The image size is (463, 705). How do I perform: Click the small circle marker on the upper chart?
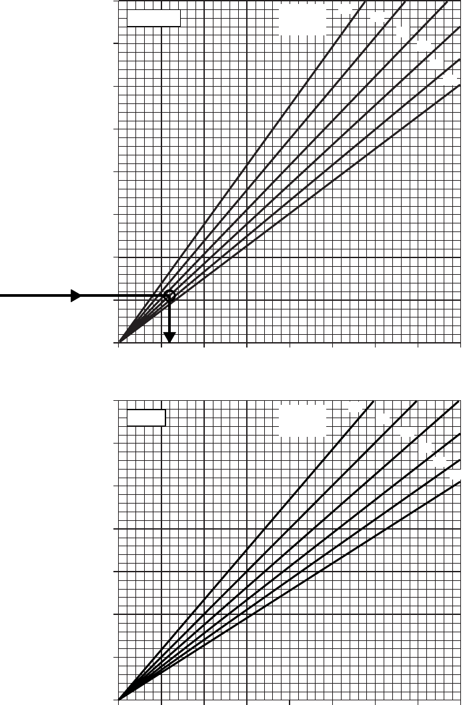169,295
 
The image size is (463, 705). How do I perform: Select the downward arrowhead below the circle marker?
169,337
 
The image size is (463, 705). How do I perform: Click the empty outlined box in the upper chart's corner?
153,17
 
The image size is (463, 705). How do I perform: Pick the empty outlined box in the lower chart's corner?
146,418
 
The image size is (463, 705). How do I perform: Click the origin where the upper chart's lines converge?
119,343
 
